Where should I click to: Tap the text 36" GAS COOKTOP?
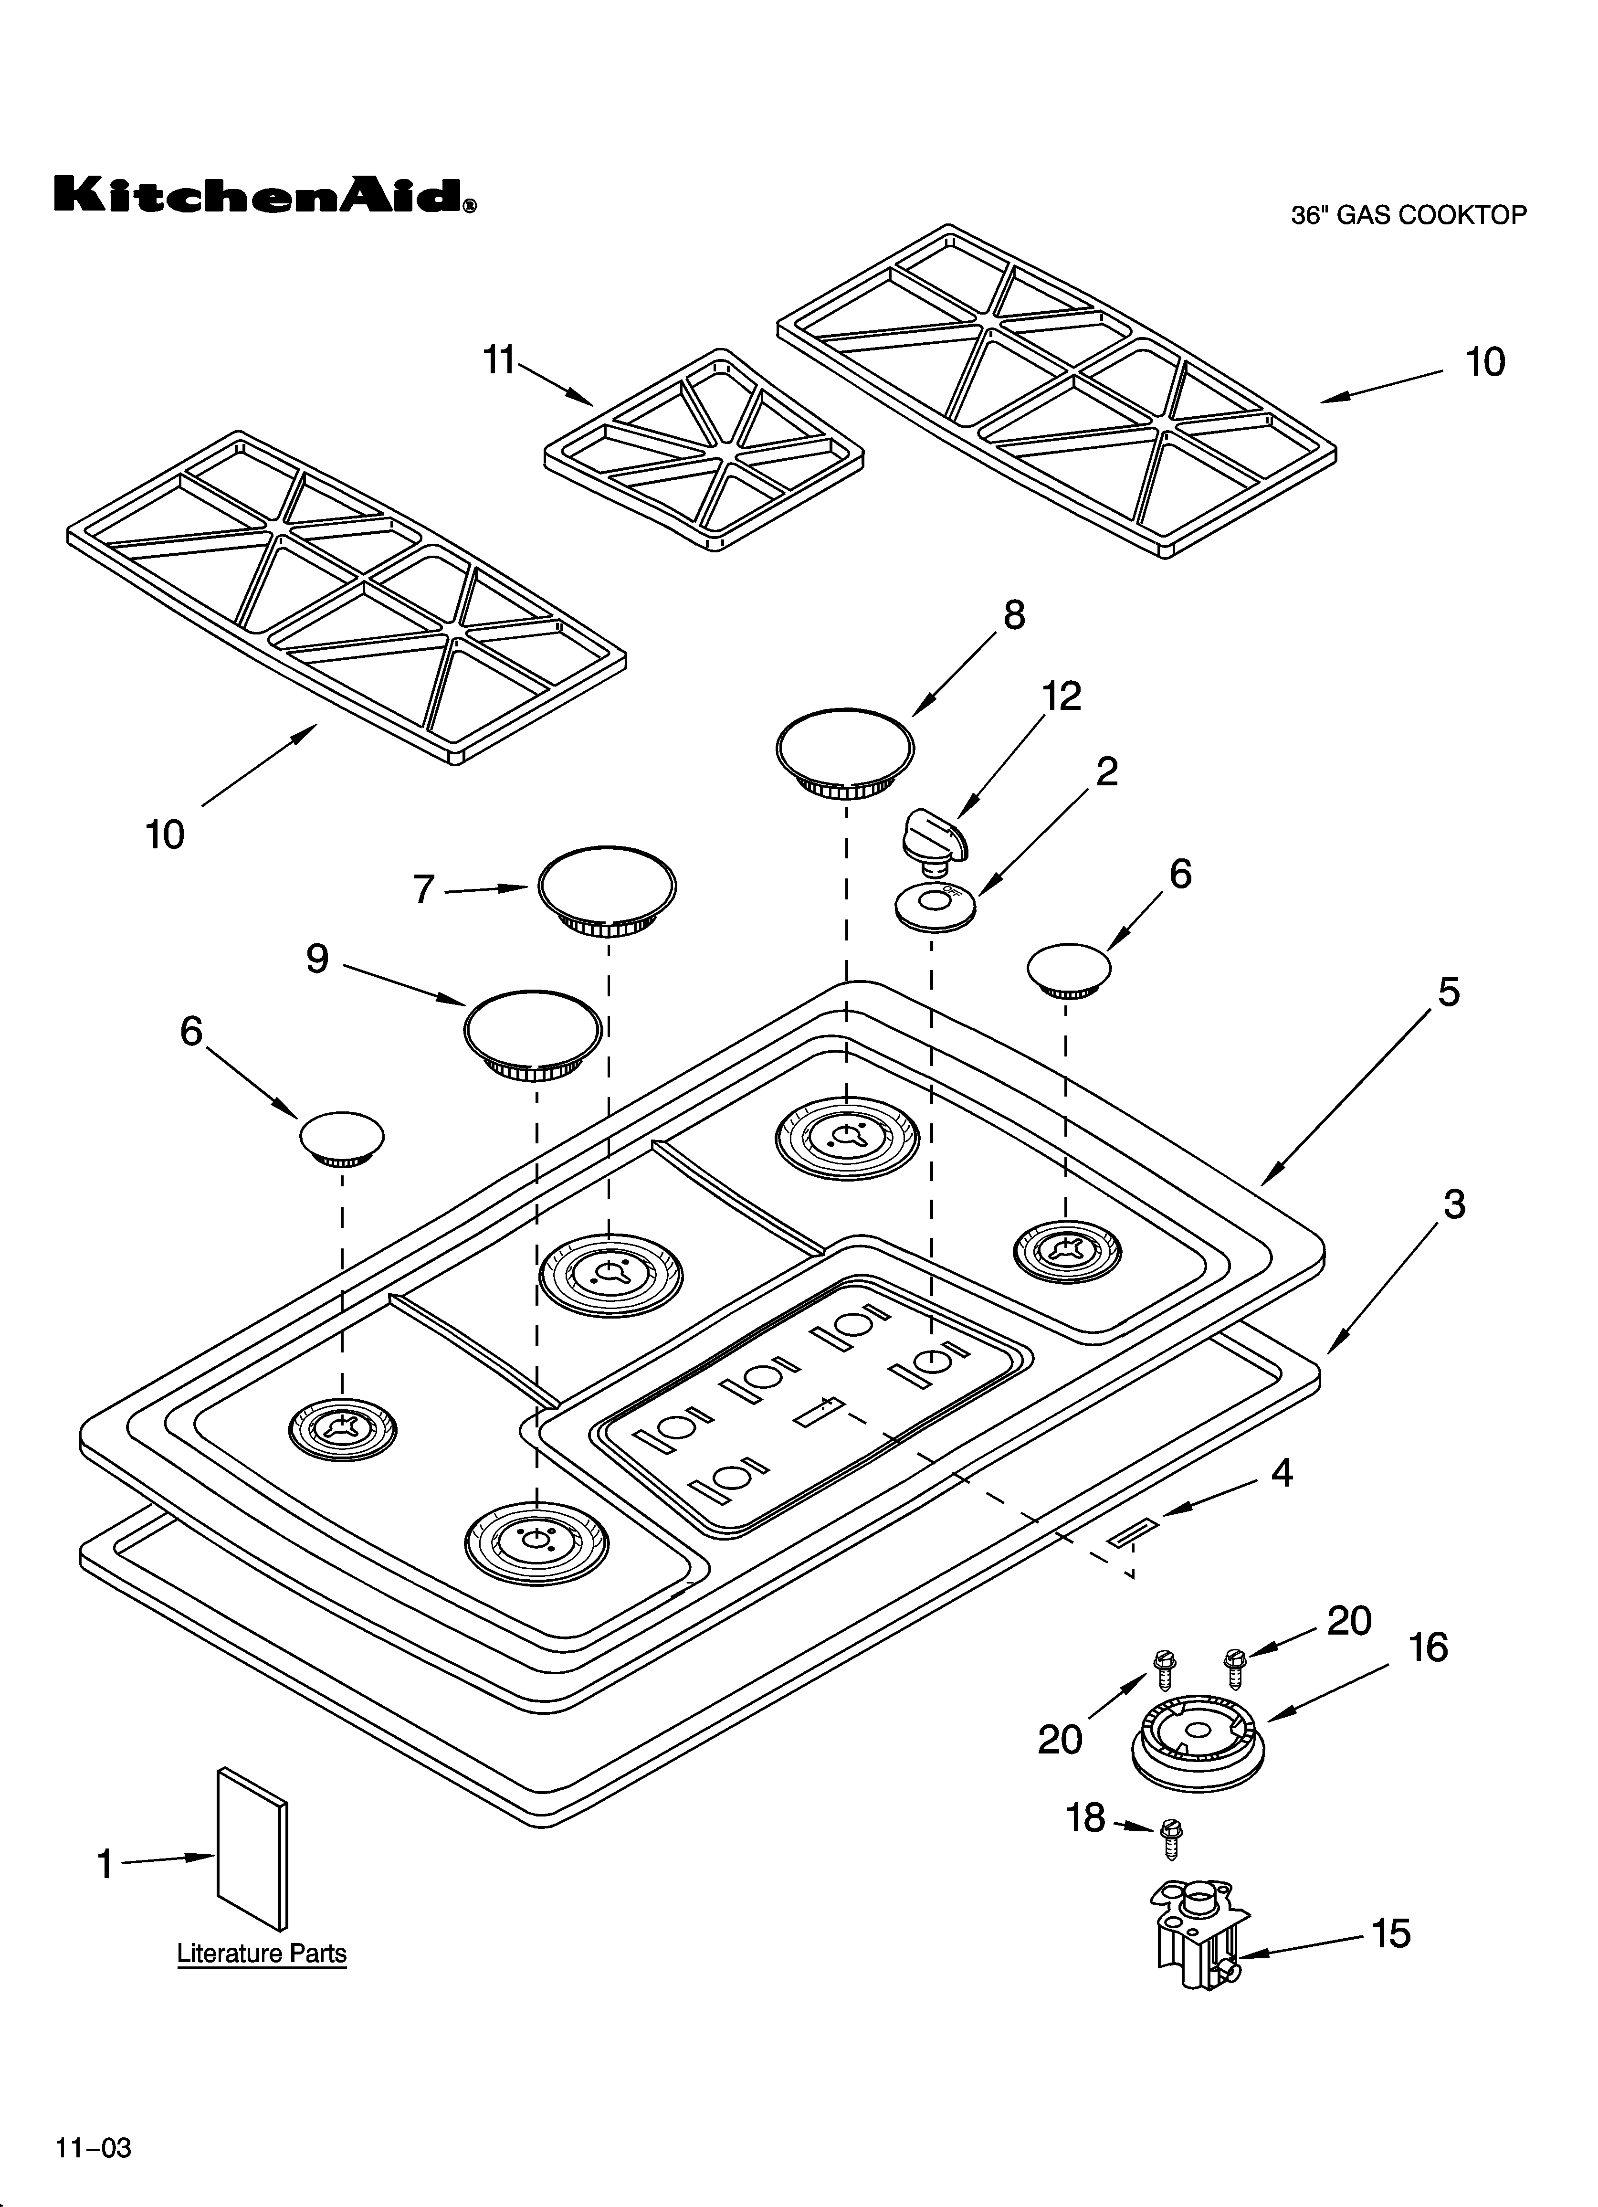tap(1408, 215)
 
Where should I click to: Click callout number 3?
tap(1453, 1204)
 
